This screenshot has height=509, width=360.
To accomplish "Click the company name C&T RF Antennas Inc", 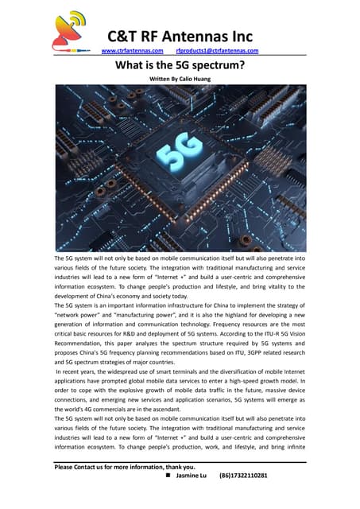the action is [x=180, y=36].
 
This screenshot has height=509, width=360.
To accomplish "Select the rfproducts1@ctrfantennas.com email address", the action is [x=217, y=52].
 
